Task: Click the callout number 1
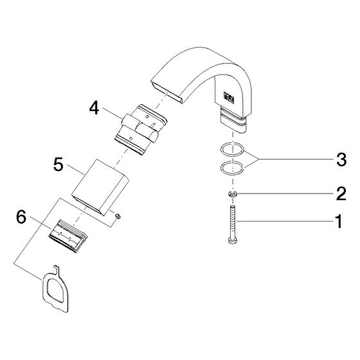click(339, 221)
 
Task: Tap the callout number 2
click(341, 194)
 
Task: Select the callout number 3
click(341, 159)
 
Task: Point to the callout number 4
click(94, 108)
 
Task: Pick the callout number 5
click(58, 164)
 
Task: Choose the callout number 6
click(21, 217)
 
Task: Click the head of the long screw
click(233, 240)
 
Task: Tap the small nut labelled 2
click(233, 194)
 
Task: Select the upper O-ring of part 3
click(232, 149)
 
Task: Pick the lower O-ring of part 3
click(232, 168)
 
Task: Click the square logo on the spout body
click(229, 96)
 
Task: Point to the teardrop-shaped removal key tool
click(55, 290)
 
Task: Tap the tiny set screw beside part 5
click(118, 216)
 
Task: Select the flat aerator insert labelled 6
click(68, 236)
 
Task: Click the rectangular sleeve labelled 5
click(100, 187)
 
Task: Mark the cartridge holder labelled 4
click(140, 130)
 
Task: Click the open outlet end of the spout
click(166, 91)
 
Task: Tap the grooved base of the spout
click(233, 120)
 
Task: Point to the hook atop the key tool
click(57, 269)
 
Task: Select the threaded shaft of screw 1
click(233, 221)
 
